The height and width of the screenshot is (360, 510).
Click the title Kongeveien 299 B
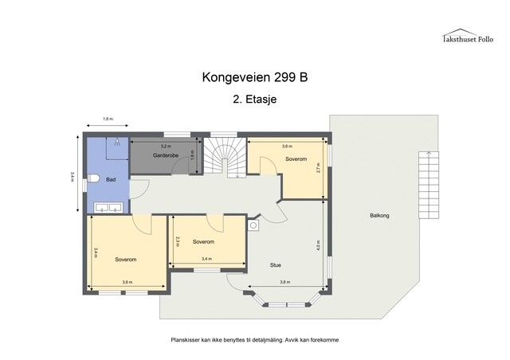click(254, 78)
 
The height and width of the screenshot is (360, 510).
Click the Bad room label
click(111, 180)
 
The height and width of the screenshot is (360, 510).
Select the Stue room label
click(275, 265)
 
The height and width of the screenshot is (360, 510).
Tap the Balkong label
click(379, 215)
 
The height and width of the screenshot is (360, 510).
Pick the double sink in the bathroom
click(108, 208)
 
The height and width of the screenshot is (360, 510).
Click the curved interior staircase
click(226, 158)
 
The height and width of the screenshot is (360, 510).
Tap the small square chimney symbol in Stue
click(254, 225)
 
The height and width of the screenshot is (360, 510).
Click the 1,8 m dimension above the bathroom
click(108, 119)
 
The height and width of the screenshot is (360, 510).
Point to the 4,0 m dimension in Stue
click(320, 245)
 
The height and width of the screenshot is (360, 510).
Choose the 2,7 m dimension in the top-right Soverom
click(319, 168)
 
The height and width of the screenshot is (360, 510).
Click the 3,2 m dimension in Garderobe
click(166, 147)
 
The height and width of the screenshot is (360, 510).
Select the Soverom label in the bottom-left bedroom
click(125, 260)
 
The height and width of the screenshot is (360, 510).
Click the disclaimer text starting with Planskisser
click(254, 339)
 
